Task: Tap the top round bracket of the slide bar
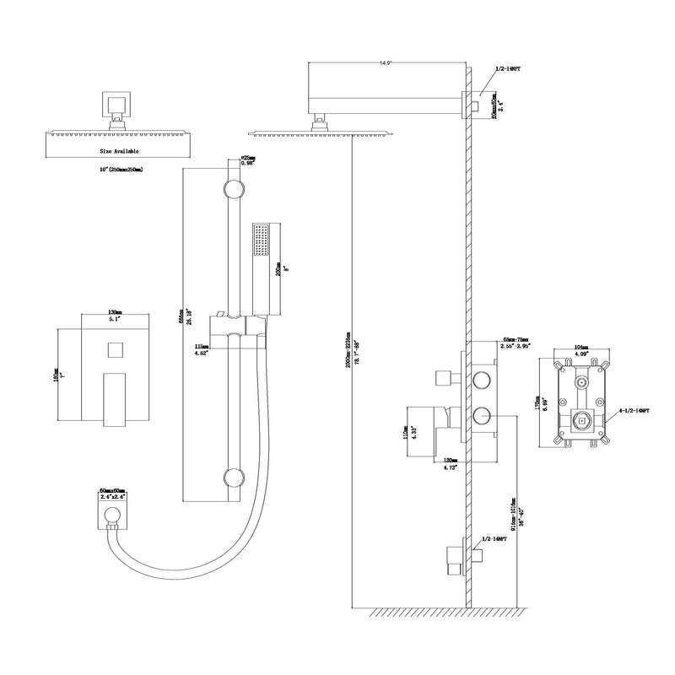230,187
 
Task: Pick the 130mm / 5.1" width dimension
111,316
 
